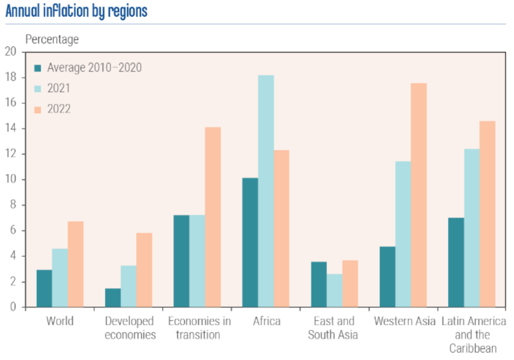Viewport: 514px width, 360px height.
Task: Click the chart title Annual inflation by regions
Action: (76, 11)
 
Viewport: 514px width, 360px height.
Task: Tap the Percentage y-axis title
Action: (52, 39)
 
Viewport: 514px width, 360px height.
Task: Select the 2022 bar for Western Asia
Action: (419, 195)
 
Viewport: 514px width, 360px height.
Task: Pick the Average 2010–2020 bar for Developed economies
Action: (113, 298)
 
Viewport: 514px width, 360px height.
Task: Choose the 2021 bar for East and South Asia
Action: (335, 291)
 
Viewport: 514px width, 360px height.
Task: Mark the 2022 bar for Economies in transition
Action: (213, 217)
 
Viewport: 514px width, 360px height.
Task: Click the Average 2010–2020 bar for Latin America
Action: (456, 263)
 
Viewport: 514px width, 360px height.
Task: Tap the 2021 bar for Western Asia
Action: (403, 234)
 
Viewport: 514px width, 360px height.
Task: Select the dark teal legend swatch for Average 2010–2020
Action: (39, 68)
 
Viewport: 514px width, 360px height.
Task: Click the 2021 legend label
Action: (59, 88)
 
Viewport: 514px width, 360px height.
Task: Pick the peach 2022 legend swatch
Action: (39, 109)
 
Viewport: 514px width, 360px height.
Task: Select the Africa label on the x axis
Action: (267, 321)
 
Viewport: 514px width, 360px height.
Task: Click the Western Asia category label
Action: (405, 321)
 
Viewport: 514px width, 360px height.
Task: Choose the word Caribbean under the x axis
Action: (473, 349)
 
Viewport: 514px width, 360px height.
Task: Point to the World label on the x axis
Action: (60, 321)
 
